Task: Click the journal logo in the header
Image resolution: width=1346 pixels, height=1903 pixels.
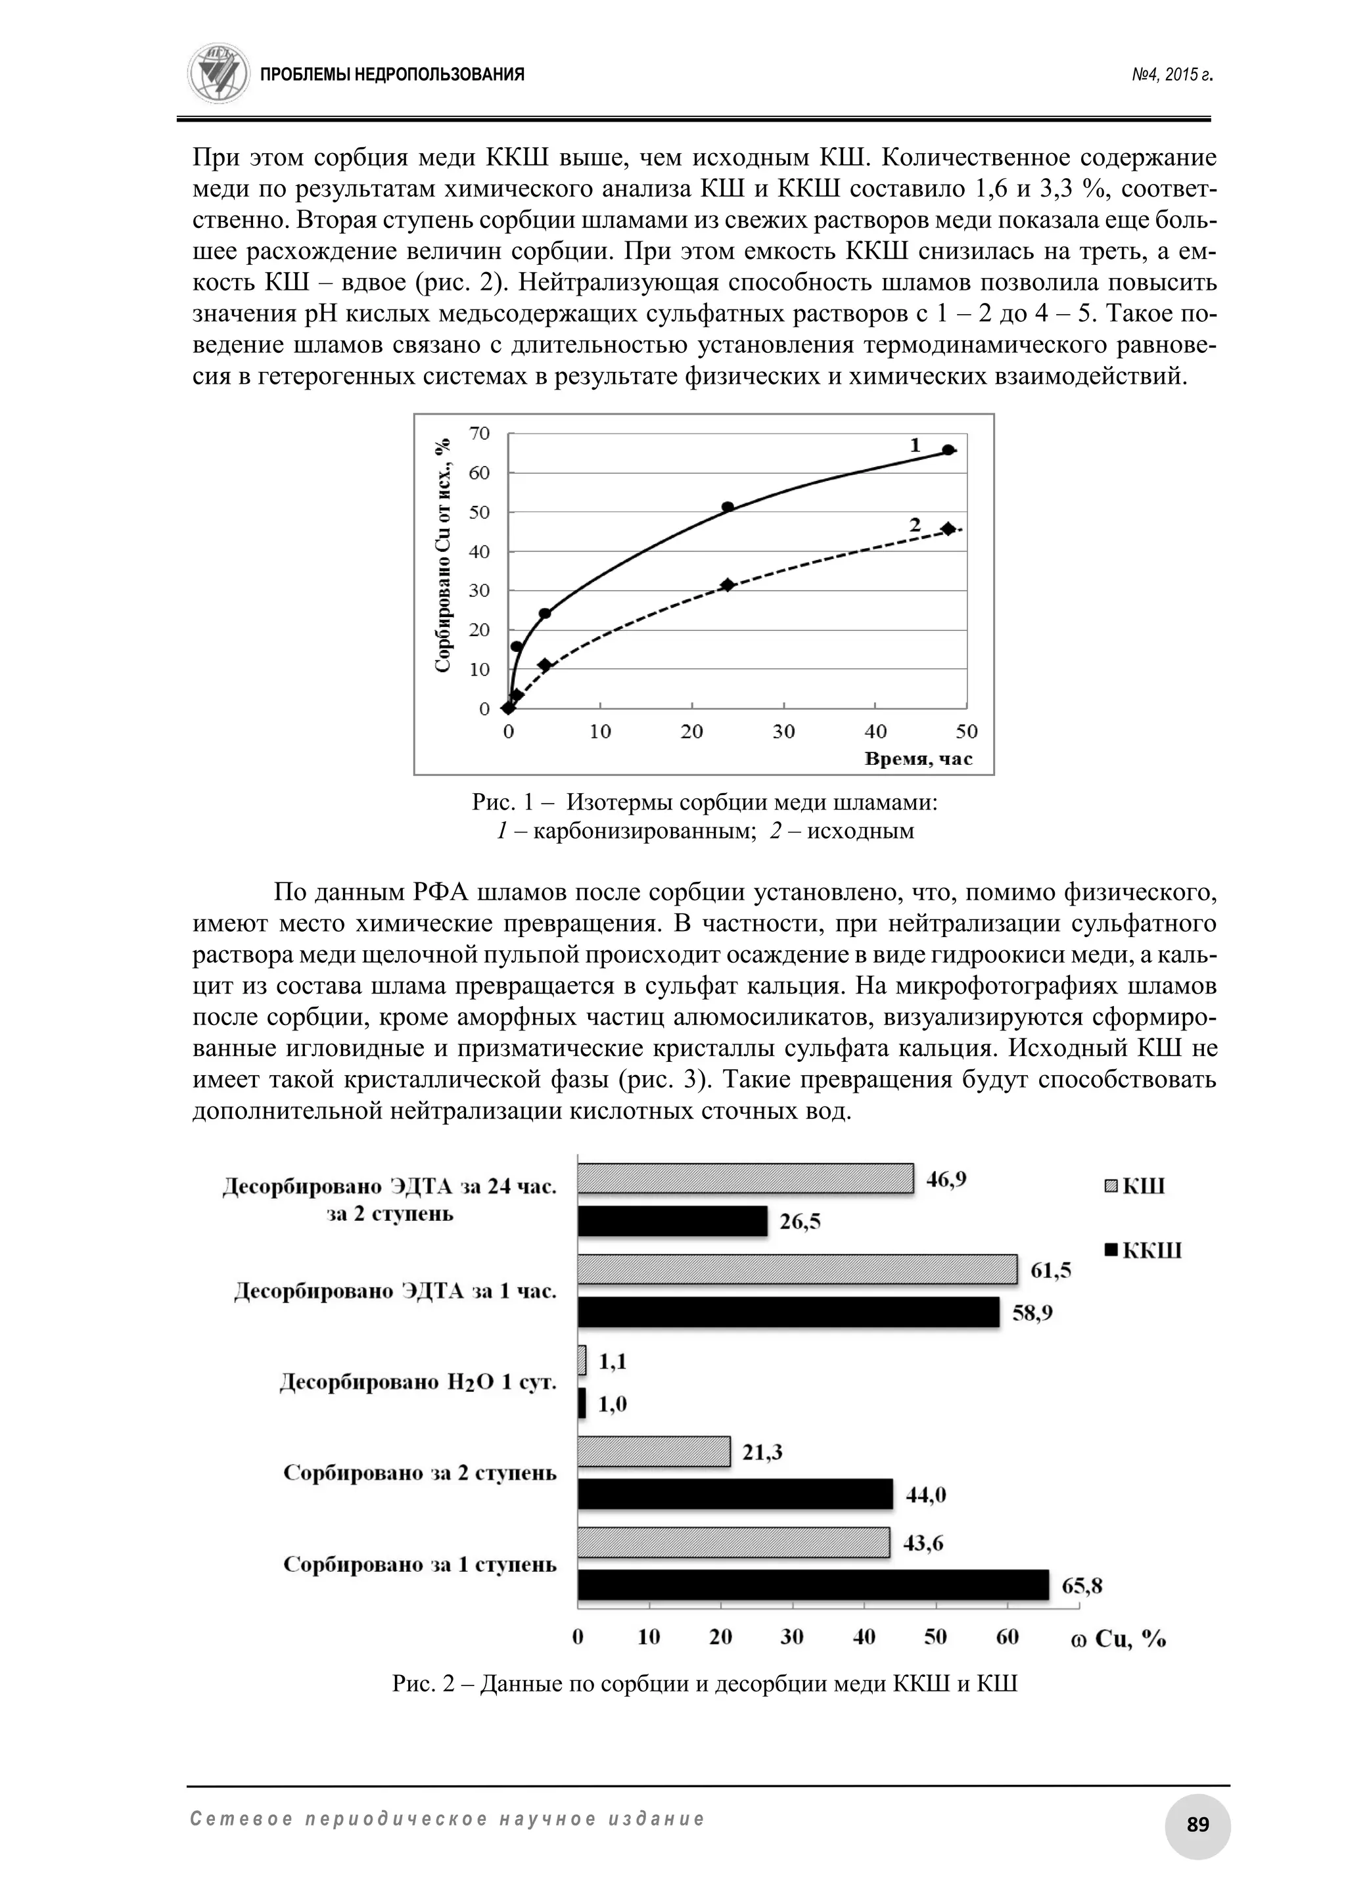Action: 219,74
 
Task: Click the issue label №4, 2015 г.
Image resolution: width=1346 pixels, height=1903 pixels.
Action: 1172,76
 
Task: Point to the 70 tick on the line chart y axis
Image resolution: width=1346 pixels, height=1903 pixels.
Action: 480,432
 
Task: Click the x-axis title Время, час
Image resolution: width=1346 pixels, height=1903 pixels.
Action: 918,758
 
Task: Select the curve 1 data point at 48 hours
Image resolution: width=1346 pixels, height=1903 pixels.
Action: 948,450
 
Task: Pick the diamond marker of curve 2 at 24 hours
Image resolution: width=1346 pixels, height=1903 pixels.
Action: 728,584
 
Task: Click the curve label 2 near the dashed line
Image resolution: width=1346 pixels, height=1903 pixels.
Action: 915,524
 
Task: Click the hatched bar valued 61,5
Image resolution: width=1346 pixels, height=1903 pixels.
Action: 797,1269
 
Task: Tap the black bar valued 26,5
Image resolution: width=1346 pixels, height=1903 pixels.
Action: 672,1221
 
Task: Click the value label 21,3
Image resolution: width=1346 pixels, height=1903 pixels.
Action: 762,1452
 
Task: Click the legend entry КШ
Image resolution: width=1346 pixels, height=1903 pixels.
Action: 1136,1186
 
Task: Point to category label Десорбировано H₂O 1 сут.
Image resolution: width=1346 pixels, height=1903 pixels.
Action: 418,1383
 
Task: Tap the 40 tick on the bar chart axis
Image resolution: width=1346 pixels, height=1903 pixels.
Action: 864,1637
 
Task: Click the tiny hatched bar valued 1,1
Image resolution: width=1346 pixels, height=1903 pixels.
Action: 582,1360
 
